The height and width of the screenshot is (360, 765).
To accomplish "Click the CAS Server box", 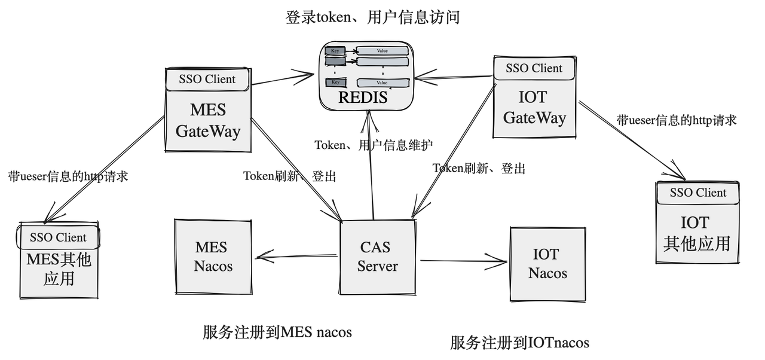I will click(378, 257).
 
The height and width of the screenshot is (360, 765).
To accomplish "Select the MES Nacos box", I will click(213, 257).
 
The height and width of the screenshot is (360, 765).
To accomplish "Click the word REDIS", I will click(363, 97).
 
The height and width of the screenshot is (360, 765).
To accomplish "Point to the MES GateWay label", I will click(208, 120).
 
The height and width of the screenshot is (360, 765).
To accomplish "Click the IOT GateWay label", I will click(534, 107).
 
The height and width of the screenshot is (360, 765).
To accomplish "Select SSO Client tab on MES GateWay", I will click(207, 79).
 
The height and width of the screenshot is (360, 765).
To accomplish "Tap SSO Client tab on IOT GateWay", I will click(534, 68).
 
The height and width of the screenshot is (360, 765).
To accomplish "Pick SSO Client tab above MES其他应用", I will click(58, 237).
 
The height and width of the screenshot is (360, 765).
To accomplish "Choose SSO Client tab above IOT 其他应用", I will click(698, 193).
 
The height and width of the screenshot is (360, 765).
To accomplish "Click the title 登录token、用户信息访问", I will click(372, 17).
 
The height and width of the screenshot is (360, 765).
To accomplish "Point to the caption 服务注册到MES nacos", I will click(277, 332).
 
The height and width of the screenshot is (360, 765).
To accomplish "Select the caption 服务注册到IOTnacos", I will click(519, 343).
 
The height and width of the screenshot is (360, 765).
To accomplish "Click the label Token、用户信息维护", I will click(374, 145).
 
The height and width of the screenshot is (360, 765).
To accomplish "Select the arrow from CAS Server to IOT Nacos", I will click(464, 261).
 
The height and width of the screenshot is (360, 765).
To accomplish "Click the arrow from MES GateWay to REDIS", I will click(281, 78).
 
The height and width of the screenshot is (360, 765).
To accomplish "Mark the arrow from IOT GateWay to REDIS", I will click(454, 77).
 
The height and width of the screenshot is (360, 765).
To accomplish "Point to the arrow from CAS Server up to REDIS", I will click(371, 167).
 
